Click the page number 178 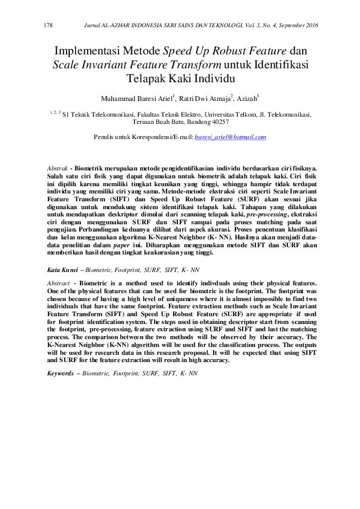[x=50, y=25]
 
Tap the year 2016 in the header [x=310, y=25]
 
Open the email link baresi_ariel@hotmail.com [x=231, y=138]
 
